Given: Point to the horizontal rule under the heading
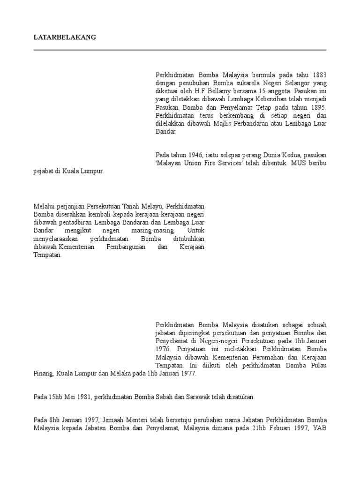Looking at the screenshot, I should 180,49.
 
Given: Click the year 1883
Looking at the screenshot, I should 318,75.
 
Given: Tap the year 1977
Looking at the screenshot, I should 188,374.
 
